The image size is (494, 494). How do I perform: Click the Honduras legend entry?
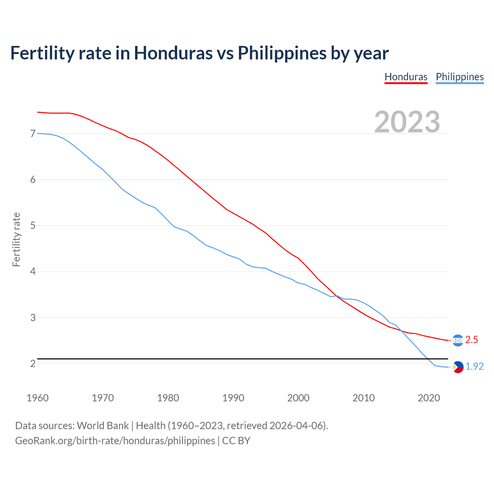coord(406,77)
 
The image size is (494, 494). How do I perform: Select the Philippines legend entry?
coord(460,77)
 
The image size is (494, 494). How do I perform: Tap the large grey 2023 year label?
coord(407,122)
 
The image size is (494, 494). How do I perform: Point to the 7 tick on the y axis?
coord(33,134)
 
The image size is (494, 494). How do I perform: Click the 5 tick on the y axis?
coord(33,225)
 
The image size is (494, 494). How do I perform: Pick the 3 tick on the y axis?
coord(33,318)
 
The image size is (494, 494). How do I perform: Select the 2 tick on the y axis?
coord(33,364)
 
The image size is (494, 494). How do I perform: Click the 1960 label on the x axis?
coord(37,398)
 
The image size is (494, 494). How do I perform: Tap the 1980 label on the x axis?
coord(168,398)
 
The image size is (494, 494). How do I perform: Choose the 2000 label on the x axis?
coord(298,398)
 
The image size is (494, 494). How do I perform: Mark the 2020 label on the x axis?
coord(429,398)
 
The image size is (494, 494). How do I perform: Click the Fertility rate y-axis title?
coord(16,239)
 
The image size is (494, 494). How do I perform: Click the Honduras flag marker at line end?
coord(458,340)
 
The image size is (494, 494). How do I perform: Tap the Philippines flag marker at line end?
coord(458,367)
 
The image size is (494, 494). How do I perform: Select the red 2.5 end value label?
coord(472,340)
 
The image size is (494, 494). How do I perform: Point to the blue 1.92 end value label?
coord(474,367)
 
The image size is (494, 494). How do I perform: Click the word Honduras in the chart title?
coord(173,53)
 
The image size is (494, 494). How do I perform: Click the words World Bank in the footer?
coord(103,426)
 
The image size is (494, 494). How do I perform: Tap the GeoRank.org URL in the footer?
coord(115,441)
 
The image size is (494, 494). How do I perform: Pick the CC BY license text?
coord(236,441)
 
